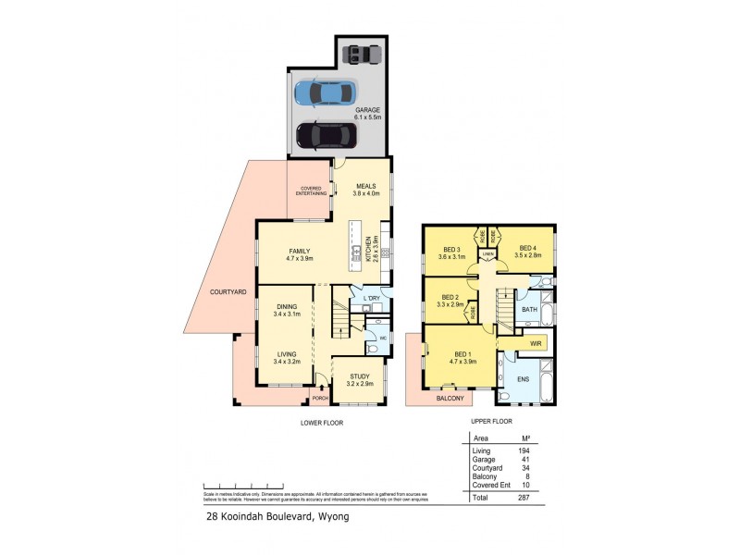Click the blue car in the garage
[325, 92]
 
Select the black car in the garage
[325, 136]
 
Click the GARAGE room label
[368, 110]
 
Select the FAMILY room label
[298, 251]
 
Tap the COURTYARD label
[228, 291]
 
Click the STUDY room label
[357, 375]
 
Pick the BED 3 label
[451, 248]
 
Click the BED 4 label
[526, 248]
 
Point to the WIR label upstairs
[534, 343]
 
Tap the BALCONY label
[438, 398]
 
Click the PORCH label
[321, 400]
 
